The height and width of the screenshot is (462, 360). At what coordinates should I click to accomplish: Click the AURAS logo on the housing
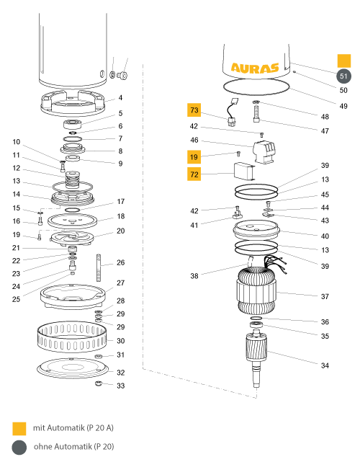coord(255,68)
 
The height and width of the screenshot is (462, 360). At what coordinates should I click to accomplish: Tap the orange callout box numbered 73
coord(194,110)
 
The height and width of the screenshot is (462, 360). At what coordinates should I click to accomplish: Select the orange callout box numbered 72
coord(194,174)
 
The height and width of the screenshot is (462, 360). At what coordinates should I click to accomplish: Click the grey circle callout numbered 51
coord(343,76)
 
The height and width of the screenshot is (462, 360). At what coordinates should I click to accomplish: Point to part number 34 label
coord(325,365)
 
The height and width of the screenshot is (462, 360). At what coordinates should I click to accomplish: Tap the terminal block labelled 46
coord(264,152)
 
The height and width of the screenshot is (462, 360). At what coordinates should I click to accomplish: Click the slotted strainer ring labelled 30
coord(72,336)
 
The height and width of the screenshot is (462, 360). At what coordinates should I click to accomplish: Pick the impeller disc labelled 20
coord(72,238)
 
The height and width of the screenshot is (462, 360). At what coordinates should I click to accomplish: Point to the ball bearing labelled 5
coord(72,124)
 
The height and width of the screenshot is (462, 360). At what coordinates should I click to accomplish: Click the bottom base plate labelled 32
coord(73,368)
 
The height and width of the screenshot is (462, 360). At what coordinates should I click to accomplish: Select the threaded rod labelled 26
coord(99,268)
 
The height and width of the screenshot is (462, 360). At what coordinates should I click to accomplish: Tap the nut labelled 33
coord(99,383)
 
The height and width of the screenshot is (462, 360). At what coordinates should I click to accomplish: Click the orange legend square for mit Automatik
coord(19,428)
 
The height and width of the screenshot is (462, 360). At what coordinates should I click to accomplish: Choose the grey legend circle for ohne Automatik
coord(19,448)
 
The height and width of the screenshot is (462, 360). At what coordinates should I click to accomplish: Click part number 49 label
coord(343,106)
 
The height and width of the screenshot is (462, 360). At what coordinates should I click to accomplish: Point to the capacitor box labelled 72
coord(244,172)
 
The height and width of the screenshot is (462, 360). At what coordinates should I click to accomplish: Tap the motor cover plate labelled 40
coord(256,231)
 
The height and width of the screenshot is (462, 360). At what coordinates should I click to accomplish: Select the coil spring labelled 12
coord(73,179)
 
